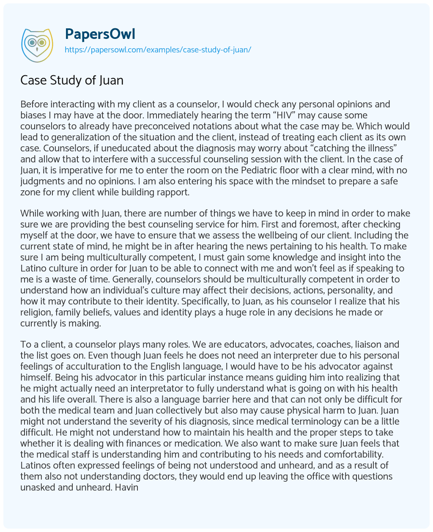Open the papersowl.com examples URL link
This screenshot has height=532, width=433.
158,49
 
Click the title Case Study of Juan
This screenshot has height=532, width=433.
72,80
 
